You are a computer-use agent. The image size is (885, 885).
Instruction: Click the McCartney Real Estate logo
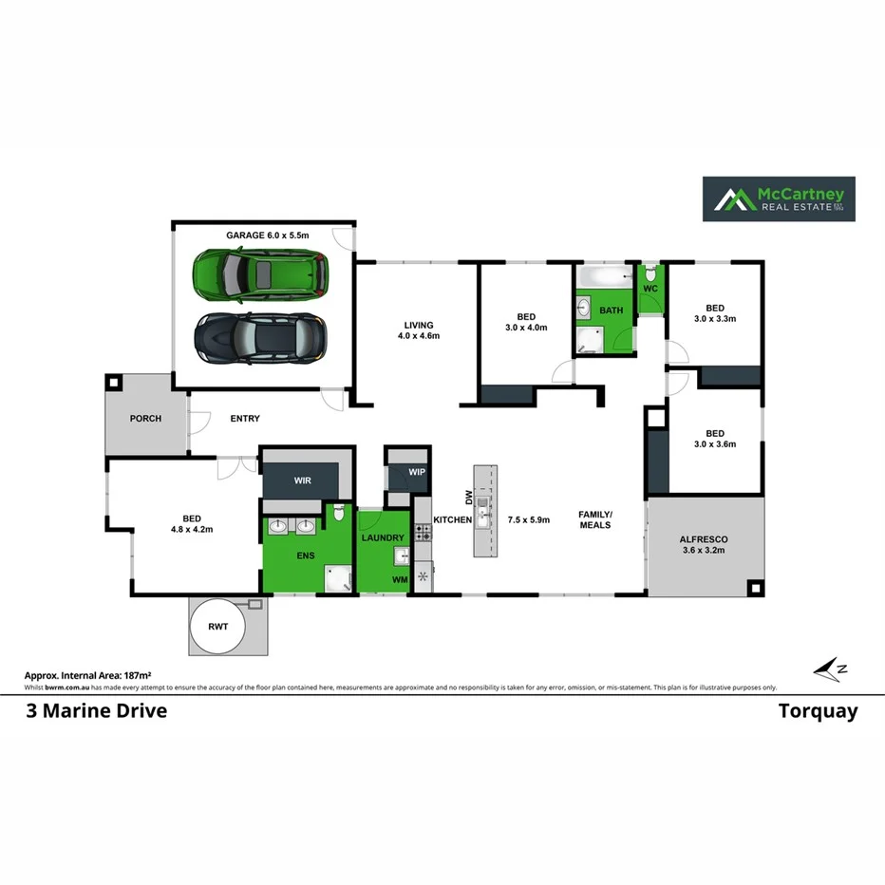(779, 199)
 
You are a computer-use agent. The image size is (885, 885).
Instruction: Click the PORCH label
(146, 419)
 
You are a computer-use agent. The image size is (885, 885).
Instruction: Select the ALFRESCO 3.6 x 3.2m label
(704, 545)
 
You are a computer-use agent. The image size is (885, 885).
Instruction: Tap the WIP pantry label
(417, 473)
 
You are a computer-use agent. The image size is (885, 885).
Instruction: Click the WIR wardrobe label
(302, 481)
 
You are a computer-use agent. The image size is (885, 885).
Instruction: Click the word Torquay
(818, 711)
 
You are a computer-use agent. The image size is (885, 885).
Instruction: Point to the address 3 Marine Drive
(96, 711)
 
